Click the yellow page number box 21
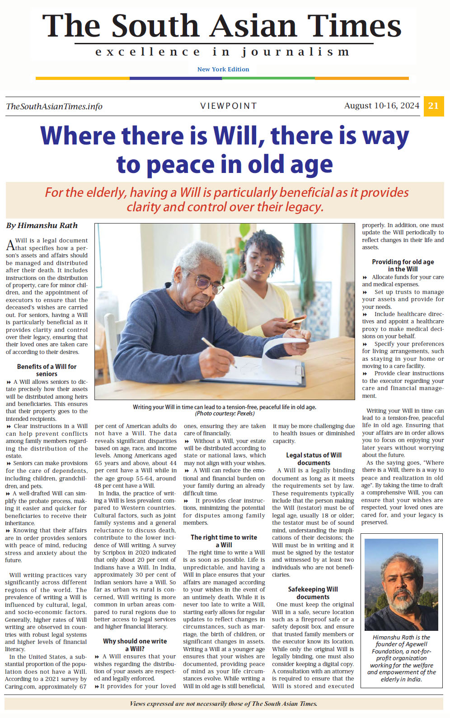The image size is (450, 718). [x=433, y=106]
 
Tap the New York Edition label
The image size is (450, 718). [x=223, y=69]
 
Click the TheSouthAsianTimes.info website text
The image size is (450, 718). [x=54, y=107]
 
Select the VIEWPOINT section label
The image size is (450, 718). [x=229, y=106]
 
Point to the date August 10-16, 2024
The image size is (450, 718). [x=381, y=106]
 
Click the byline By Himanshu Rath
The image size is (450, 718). [x=42, y=225]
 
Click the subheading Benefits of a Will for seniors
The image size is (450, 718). [x=47, y=370]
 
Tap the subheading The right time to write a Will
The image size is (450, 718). [x=224, y=541]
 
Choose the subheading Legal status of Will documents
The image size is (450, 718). [x=314, y=459]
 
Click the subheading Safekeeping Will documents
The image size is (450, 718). [x=313, y=593]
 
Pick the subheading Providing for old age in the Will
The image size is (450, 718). [x=403, y=265]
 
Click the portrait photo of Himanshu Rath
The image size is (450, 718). [x=401, y=584]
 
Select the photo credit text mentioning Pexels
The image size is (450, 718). [x=225, y=414]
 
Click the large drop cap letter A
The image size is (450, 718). [x=10, y=245]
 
